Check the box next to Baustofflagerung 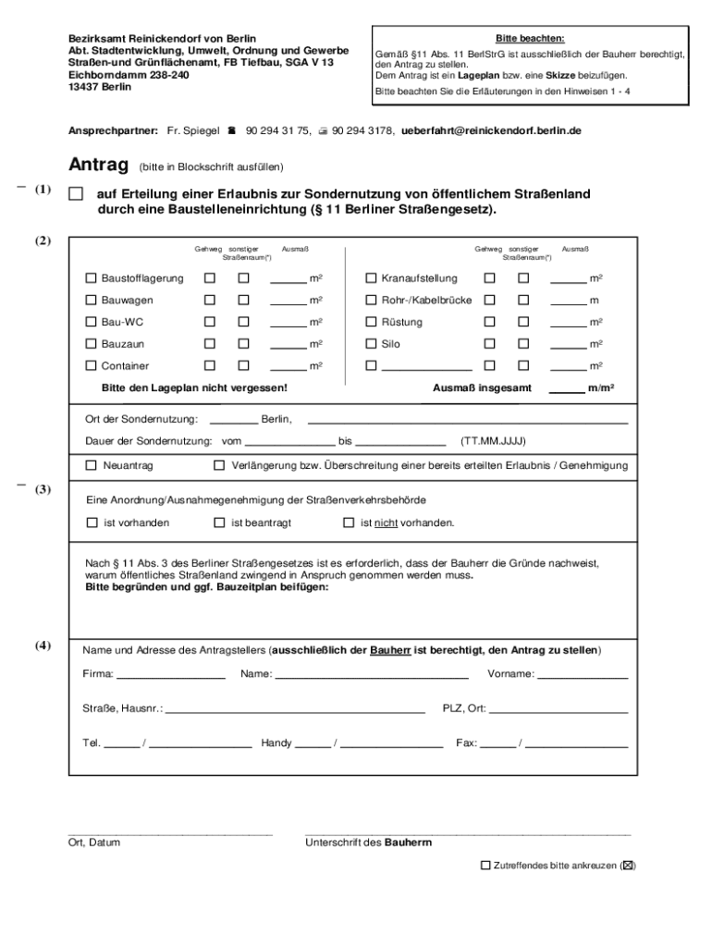91,278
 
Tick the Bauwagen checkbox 91,301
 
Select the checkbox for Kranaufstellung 371,278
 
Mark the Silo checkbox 371,344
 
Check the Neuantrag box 91,465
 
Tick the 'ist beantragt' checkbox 219,523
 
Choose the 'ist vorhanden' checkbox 91,523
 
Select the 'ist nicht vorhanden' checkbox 349,523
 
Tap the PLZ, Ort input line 559,710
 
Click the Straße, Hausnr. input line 295,710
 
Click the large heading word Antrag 98,166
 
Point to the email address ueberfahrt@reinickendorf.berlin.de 491,131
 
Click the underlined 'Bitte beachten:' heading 530,39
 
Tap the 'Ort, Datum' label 93,842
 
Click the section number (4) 43,646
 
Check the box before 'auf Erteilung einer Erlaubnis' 76,195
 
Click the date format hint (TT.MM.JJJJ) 493,441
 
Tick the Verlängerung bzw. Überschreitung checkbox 219,465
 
